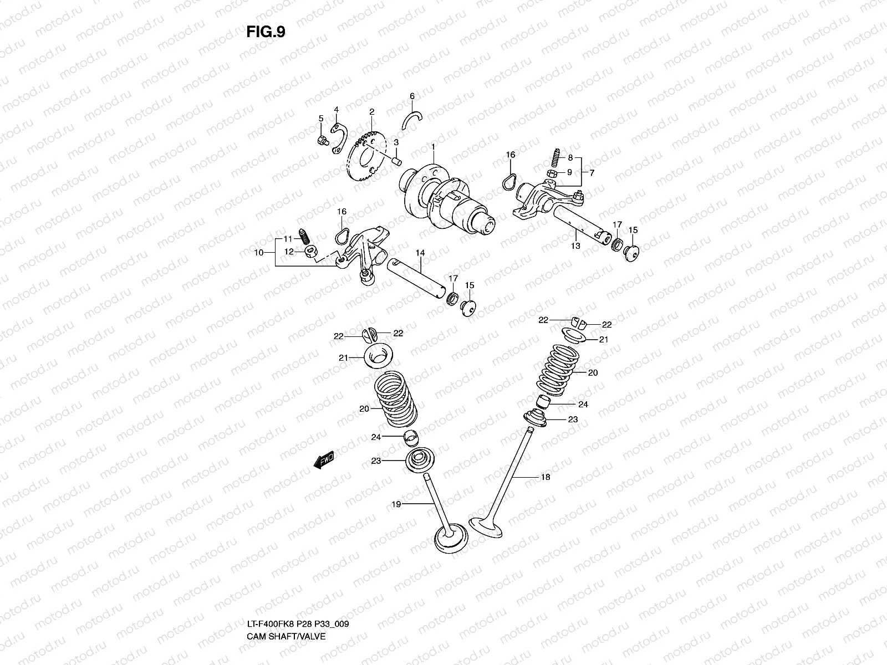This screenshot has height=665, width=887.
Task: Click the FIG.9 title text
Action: (x=266, y=32)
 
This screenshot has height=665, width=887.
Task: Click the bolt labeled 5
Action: (x=320, y=141)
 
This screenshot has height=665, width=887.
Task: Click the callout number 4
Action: (x=336, y=110)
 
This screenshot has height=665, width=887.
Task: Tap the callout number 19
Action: (x=396, y=504)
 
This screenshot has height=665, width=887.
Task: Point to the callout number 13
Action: (x=575, y=245)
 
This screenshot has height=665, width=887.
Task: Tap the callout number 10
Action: (x=258, y=253)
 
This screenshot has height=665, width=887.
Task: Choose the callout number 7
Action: (x=592, y=173)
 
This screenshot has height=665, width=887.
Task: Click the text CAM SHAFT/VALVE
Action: (x=286, y=589)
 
